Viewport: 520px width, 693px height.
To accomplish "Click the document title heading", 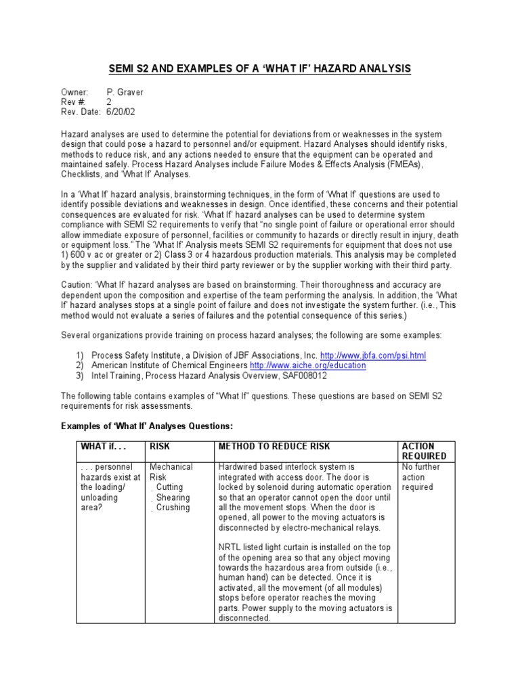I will pyautogui.click(x=260, y=69).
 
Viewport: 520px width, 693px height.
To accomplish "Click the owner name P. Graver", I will pyautogui.click(x=125, y=91).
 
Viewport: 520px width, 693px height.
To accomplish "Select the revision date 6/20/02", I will pyautogui.click(x=121, y=112).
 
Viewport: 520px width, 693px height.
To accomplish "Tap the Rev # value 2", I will pyautogui.click(x=109, y=102).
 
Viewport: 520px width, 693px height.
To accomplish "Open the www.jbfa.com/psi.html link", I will pyautogui.click(x=373, y=355).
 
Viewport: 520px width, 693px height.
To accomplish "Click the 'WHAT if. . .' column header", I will pyautogui.click(x=104, y=447).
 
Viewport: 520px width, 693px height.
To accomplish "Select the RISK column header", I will pyautogui.click(x=160, y=447).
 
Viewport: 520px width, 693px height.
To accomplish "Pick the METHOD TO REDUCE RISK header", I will pyautogui.click(x=274, y=447).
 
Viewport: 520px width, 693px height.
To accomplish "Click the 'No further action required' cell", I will pyautogui.click(x=420, y=477).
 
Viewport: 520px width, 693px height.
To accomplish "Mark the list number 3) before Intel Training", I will pyautogui.click(x=79, y=376).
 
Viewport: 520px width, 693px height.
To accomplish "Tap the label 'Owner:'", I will pyautogui.click(x=74, y=91).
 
